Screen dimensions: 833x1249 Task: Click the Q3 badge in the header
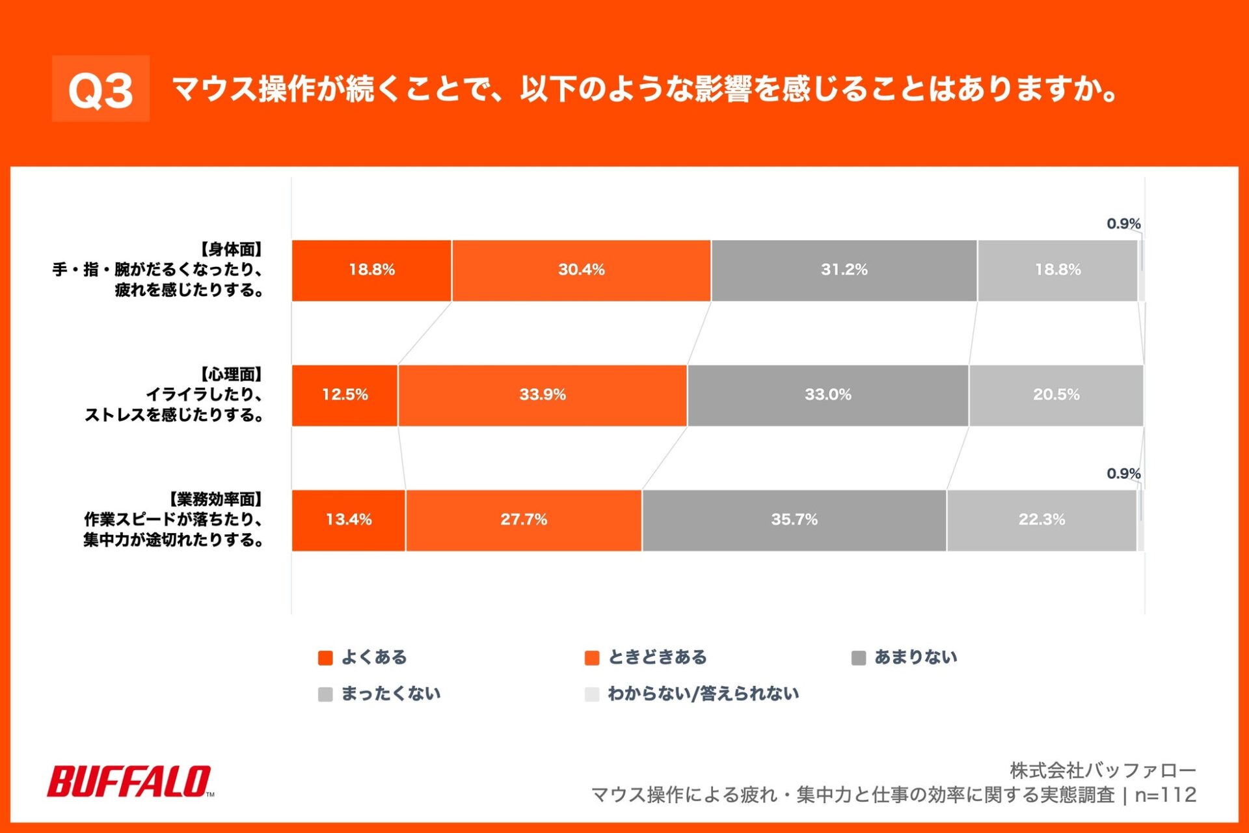pos(101,89)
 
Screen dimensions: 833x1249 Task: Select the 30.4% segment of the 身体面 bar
pos(581,270)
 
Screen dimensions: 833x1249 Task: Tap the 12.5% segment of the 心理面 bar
pos(345,395)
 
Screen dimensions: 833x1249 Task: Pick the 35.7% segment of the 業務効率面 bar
pos(794,520)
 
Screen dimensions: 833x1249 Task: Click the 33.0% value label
pos(827,394)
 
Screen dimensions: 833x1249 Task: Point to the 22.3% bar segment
pos(1041,520)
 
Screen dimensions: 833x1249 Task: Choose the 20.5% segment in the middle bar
pos(1056,395)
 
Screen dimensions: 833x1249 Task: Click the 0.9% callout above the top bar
pos(1123,224)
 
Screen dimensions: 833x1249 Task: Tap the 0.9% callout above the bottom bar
pos(1123,474)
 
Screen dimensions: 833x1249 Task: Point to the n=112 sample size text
pos(1165,795)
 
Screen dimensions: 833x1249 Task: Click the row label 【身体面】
pos(230,249)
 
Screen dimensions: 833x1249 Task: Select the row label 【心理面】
pos(230,374)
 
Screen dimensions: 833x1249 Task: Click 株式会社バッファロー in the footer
pos(1103,771)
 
